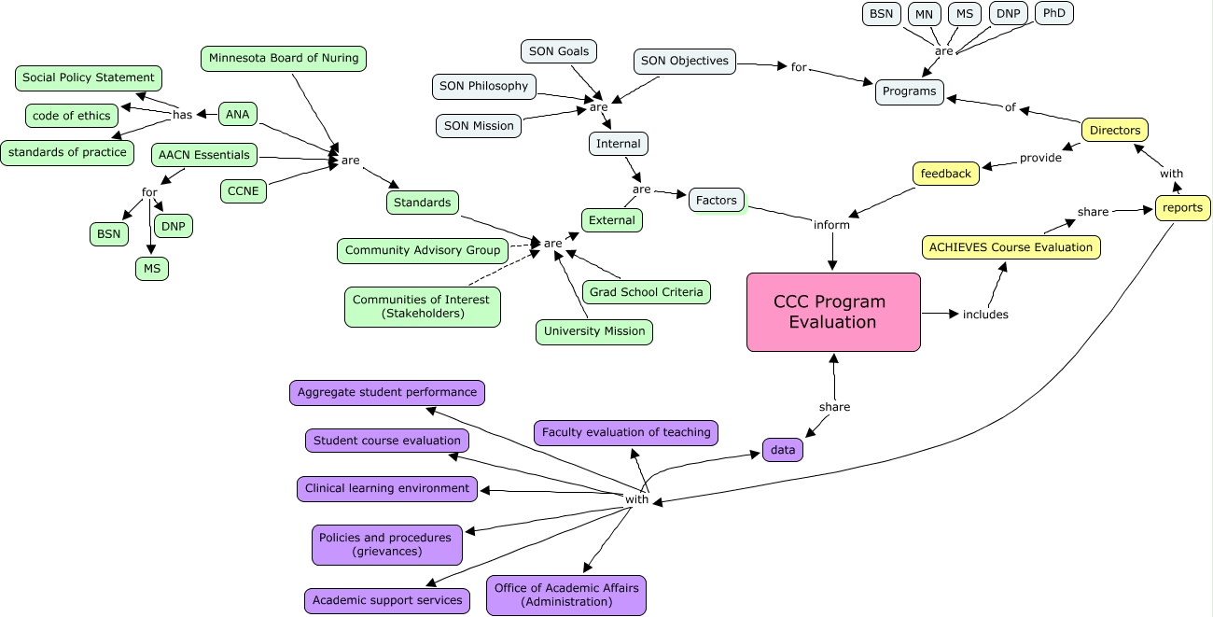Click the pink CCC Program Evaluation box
pos(833,312)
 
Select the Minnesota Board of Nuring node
pos(284,59)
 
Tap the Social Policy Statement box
pos(89,78)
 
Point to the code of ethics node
pos(72,116)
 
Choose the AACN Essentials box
pos(204,155)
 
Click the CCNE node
pos(244,191)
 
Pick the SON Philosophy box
pos(483,87)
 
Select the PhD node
pos(1054,13)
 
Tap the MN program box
pos(924,14)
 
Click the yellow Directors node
pos(1115,131)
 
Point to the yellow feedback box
pos(945,174)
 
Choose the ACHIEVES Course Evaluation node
pos(1011,247)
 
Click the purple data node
pos(783,450)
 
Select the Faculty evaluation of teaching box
pos(626,432)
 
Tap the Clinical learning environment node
pos(387,488)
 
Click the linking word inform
pos(831,225)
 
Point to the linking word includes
pos(985,315)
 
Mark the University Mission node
pos(594,331)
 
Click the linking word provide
pos(1040,158)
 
